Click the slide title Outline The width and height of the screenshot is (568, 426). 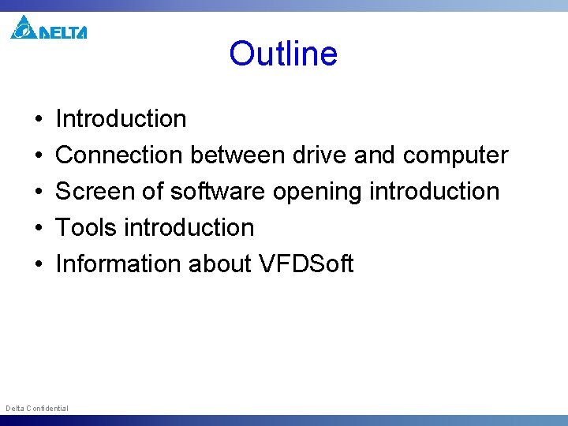pyautogui.click(x=283, y=54)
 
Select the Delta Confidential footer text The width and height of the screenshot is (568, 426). pyautogui.click(x=37, y=408)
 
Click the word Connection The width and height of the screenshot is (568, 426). pyautogui.click(x=118, y=155)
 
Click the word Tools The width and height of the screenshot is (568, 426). pyautogui.click(x=87, y=228)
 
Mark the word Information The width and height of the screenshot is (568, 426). pyautogui.click(x=118, y=263)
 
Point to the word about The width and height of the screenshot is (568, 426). pyautogui.click(x=220, y=263)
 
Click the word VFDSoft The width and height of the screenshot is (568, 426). pyautogui.click(x=306, y=263)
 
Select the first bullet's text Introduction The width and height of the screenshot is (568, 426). pyautogui.click(x=121, y=119)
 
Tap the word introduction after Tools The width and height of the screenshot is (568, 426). pyautogui.click(x=189, y=228)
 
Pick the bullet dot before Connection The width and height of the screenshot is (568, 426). pyautogui.click(x=39, y=156)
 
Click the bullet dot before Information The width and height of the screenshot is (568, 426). pyautogui.click(x=39, y=264)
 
